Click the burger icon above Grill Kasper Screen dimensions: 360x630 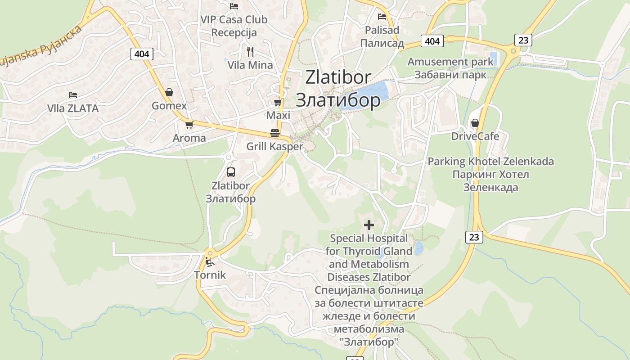275,133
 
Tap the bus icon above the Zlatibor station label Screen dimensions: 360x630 231,172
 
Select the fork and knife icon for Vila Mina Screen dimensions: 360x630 250,52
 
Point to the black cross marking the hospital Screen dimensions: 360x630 369,225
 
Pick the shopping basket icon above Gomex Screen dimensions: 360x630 169,92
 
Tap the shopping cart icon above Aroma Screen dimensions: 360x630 189,125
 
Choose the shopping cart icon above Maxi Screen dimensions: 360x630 278,103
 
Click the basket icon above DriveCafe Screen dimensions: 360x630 475,123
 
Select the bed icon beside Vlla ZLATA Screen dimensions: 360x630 73,95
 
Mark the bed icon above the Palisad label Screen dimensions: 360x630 382,17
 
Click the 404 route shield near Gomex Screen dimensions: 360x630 142,54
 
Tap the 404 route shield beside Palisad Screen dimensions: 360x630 432,41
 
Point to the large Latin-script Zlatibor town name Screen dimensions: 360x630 338,77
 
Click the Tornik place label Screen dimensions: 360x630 210,274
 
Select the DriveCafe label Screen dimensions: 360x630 475,136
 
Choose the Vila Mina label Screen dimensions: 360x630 250,65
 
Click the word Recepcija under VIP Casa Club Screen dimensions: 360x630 234,32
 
